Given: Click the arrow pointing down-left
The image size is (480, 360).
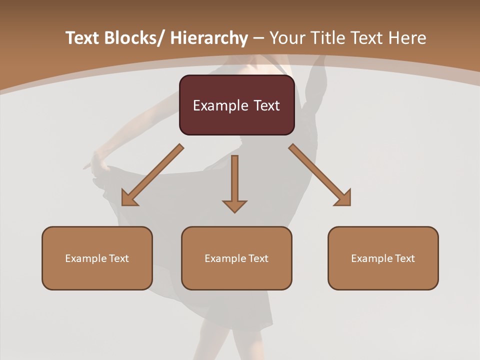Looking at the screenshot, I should (152, 175).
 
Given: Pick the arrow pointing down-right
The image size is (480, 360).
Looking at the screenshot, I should (320, 175).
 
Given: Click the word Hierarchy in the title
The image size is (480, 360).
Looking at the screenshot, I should (209, 38).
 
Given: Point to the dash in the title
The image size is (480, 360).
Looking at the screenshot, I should (258, 38).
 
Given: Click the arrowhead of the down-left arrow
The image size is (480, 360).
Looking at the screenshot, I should (129, 198).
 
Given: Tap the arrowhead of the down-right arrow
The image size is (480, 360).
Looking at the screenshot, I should (343, 198).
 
